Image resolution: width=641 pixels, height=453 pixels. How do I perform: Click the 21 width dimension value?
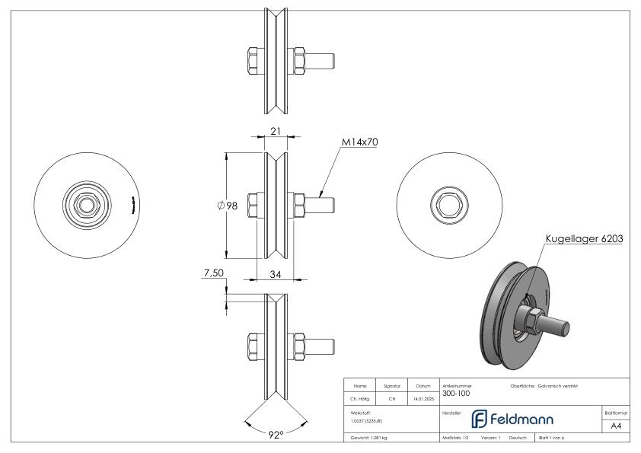pyautogui.click(x=276, y=132)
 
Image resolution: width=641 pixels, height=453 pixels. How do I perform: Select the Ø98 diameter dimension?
pyautogui.click(x=228, y=206)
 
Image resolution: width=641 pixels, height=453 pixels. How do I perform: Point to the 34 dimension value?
pyautogui.click(x=276, y=275)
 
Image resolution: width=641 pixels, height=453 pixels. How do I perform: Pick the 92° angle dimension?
pyautogui.click(x=276, y=434)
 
